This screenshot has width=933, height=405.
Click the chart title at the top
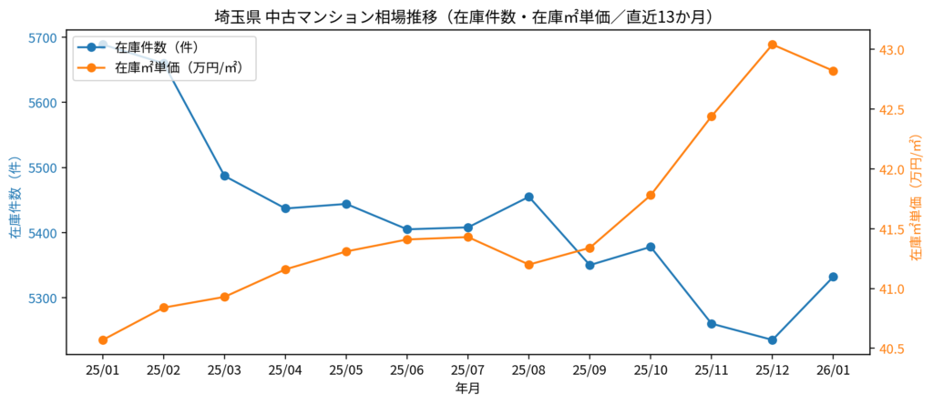coord(466,16)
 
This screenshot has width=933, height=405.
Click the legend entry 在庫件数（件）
coord(159,46)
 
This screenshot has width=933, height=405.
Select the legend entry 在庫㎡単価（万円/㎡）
coord(179,67)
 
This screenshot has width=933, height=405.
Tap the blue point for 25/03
coord(225,176)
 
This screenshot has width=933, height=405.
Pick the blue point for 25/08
coord(529,197)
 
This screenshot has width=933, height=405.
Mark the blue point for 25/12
coord(773,340)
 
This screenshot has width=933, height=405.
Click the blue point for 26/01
coord(834,277)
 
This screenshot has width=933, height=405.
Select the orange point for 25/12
coord(773,45)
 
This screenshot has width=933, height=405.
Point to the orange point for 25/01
coord(103,340)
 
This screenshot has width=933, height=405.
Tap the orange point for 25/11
coord(712,116)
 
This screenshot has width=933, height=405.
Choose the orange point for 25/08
coord(529,265)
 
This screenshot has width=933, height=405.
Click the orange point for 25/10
coord(651,195)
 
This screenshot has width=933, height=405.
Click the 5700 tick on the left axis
coord(42,38)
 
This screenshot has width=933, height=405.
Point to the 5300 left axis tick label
coord(42,299)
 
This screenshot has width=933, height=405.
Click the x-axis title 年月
coord(467,389)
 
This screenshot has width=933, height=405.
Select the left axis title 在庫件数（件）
coord(15,197)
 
